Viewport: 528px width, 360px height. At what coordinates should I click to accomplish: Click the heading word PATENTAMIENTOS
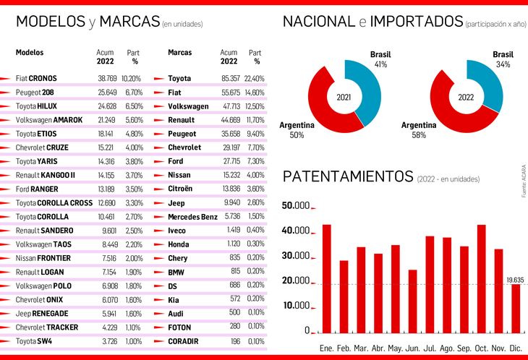pyautogui.click(x=347, y=177)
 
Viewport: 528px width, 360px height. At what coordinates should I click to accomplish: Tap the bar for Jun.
pyautogui.click(x=412, y=300)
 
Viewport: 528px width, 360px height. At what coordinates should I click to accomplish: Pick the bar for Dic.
pyautogui.click(x=515, y=307)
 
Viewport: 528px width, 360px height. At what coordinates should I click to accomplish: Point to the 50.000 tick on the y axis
pyautogui.click(x=296, y=206)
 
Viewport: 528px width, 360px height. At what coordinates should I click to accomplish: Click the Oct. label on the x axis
pyautogui.click(x=481, y=348)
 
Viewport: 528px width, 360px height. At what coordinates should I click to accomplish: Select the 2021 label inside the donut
pyautogui.click(x=344, y=96)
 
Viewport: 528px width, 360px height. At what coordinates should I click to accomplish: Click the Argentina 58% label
pyautogui.click(x=419, y=129)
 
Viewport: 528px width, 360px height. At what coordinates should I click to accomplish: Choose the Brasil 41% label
pyautogui.click(x=380, y=59)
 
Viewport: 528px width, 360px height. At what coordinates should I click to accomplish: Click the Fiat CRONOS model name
pyautogui.click(x=36, y=78)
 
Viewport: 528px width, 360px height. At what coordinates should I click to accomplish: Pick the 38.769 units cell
pyautogui.click(x=107, y=78)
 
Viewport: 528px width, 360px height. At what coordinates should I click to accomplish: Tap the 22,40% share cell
pyautogui.click(x=255, y=78)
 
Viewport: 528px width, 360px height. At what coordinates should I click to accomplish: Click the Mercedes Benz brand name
pyautogui.click(x=192, y=217)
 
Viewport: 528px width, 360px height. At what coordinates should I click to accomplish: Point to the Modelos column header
pyautogui.click(x=30, y=53)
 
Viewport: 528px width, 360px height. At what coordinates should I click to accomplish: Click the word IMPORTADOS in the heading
pyautogui.click(x=415, y=22)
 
